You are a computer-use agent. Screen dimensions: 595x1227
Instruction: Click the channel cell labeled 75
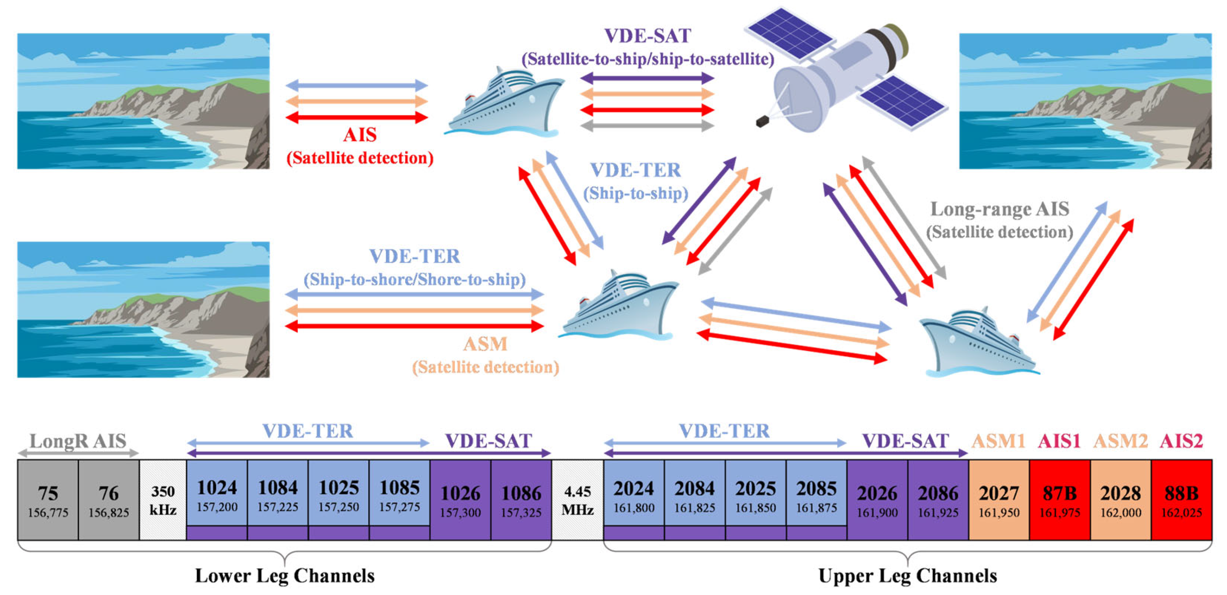[48, 499]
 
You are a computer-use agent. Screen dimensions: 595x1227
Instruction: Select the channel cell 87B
[1059, 499]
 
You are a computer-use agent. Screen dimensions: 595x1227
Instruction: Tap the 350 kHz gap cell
[163, 499]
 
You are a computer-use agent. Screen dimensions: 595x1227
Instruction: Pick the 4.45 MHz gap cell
[577, 499]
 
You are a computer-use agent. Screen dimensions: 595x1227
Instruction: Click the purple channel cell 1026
[460, 499]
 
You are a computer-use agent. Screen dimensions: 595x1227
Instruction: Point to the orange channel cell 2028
[1120, 499]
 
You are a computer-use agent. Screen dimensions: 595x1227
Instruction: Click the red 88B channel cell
[1181, 499]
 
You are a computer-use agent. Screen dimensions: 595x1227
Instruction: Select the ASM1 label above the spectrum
[998, 441]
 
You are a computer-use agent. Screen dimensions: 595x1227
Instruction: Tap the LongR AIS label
[78, 441]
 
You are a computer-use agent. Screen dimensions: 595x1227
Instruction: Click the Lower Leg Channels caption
[285, 575]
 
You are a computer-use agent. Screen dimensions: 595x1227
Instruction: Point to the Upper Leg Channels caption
[907, 575]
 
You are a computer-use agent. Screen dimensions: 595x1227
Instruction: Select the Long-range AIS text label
[1000, 209]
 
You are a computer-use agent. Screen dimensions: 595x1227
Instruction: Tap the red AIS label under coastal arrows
[360, 135]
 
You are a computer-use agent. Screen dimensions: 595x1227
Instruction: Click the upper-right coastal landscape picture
[1085, 101]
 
